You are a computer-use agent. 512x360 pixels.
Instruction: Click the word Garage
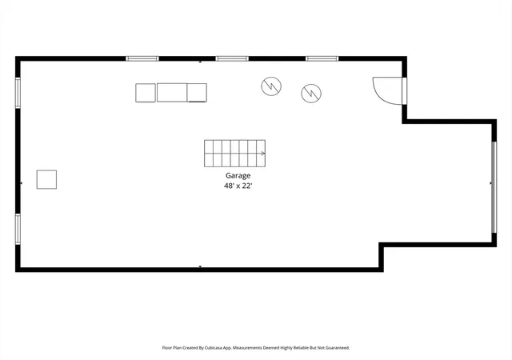click(238, 176)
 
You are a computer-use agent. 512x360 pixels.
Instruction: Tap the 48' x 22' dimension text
click(238, 186)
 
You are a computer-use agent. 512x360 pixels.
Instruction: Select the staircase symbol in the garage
click(234, 154)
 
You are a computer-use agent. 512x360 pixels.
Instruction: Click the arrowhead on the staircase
click(263, 154)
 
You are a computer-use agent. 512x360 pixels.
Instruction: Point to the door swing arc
click(378, 94)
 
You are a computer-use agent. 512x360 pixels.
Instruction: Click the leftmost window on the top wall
click(142, 59)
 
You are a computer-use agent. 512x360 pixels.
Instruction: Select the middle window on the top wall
click(232, 59)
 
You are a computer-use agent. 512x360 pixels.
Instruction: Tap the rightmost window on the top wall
click(322, 59)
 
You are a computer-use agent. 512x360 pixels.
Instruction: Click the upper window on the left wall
click(18, 93)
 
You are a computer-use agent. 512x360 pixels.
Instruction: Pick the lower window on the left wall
click(18, 229)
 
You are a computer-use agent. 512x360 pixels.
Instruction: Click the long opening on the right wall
click(494, 187)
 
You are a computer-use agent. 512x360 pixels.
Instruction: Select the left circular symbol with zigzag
click(271, 86)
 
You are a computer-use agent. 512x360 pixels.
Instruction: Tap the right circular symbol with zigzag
click(311, 93)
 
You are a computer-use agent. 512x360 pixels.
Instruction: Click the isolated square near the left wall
click(46, 179)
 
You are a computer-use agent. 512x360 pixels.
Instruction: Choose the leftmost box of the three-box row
click(146, 93)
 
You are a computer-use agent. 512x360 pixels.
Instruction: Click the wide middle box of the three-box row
click(172, 93)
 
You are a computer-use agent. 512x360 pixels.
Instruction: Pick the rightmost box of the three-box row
click(197, 93)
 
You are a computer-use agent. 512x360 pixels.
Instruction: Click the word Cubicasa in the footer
click(214, 348)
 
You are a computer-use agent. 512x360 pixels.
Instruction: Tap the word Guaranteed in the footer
click(338, 348)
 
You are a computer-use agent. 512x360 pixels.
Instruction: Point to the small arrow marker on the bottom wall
click(200, 267)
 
